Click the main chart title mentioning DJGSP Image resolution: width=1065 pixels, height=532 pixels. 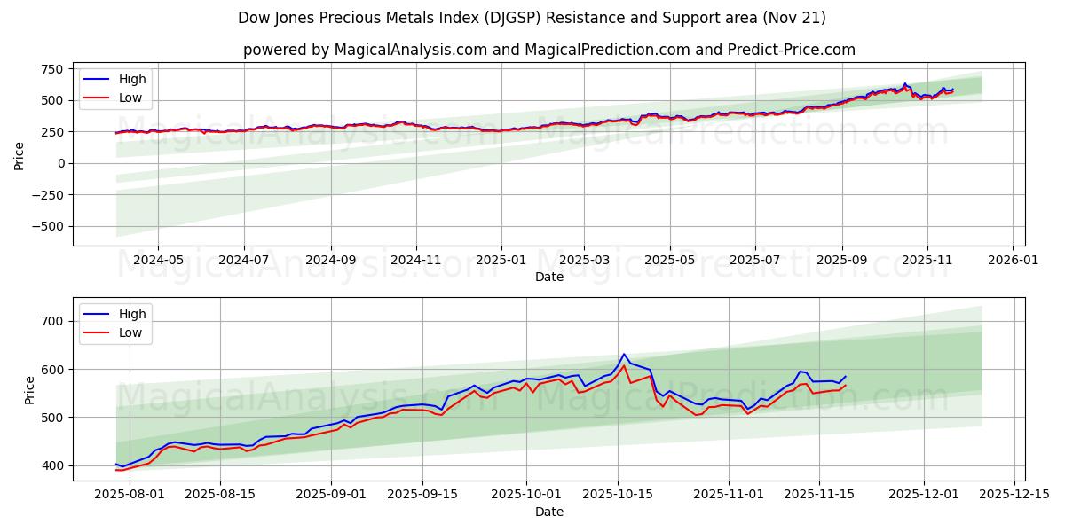click(x=532, y=18)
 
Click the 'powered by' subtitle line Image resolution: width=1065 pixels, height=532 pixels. click(x=549, y=50)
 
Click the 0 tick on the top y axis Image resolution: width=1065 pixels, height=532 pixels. click(x=60, y=163)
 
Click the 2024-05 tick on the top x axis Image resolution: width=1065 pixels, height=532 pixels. click(x=158, y=261)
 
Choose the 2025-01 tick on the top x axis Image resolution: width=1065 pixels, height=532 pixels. click(x=501, y=261)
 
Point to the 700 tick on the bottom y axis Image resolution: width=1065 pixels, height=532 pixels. click(x=52, y=321)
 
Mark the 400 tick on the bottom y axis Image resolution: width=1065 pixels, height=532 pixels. click(x=52, y=465)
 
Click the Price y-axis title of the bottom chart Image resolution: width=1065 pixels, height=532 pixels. click(x=30, y=389)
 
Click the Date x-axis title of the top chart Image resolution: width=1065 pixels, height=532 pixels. click(x=549, y=277)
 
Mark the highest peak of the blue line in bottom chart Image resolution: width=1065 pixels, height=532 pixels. click(x=624, y=354)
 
